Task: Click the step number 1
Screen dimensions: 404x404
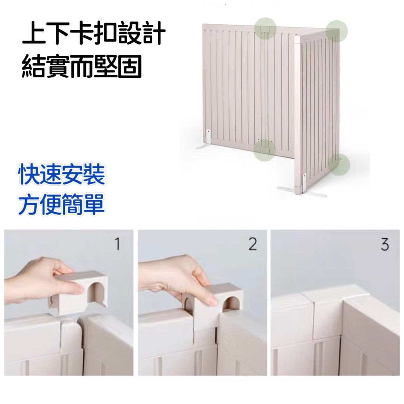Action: [117, 244]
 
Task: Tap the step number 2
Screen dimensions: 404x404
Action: [252, 244]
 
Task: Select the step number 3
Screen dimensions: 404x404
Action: [385, 244]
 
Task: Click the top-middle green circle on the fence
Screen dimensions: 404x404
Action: [265, 28]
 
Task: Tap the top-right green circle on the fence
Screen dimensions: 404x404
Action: [337, 31]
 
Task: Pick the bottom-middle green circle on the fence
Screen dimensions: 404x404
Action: [264, 150]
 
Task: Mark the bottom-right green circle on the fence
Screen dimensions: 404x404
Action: [339, 164]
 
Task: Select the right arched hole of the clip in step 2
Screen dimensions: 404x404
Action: [230, 304]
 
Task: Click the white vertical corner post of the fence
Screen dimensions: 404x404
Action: [298, 111]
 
